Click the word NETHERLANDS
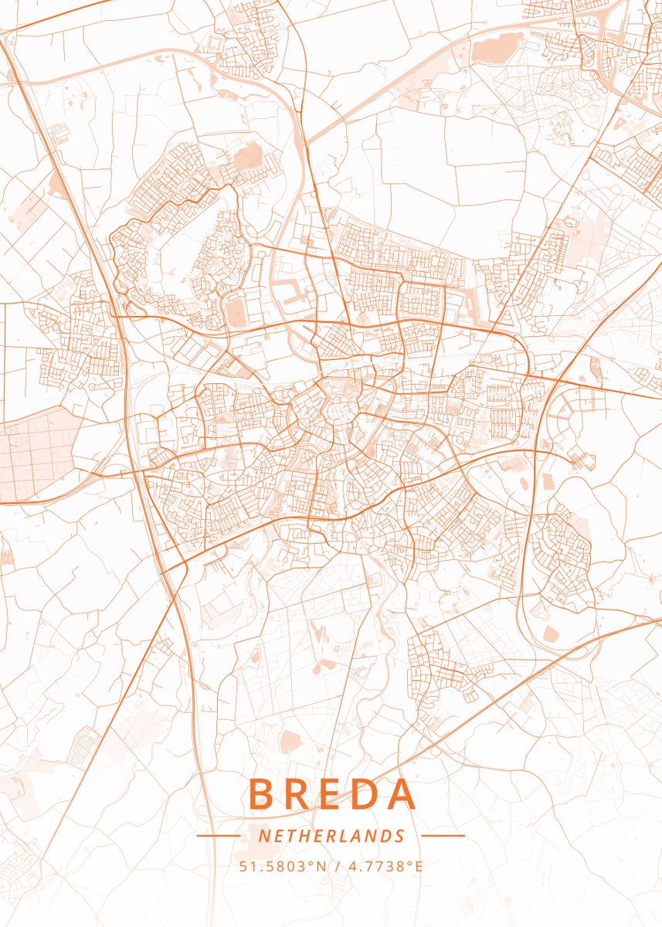(x=331, y=836)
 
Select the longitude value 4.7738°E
(x=386, y=867)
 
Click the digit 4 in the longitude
(x=353, y=867)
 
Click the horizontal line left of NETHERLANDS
(x=219, y=836)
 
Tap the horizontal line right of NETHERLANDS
(x=443, y=836)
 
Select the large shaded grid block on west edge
(x=39, y=452)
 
